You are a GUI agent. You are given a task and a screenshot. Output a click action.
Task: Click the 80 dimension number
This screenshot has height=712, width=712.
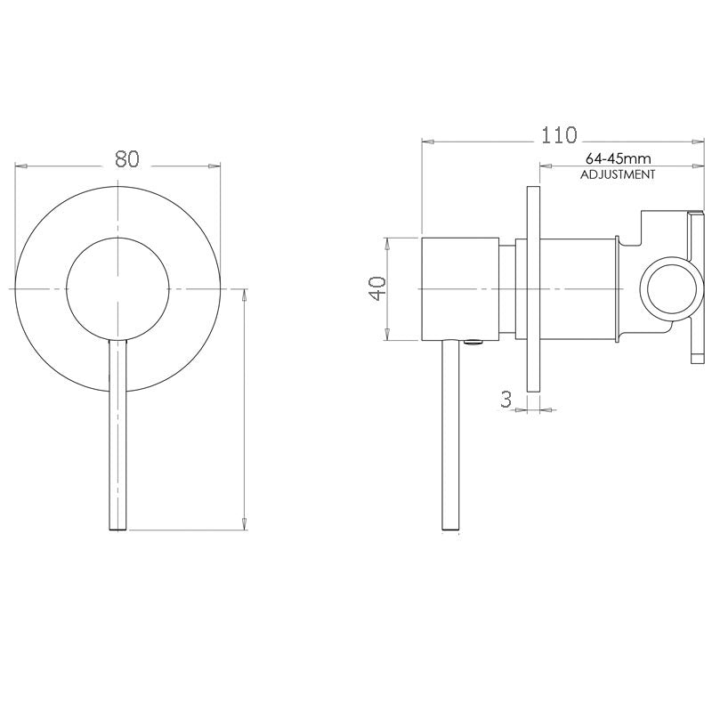tap(127, 158)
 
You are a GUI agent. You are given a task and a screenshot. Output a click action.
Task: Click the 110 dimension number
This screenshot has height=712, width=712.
tap(560, 135)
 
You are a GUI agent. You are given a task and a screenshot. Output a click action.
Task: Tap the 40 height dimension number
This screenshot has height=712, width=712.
tap(376, 288)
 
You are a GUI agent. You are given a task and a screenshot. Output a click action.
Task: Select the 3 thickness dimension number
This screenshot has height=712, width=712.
tap(506, 400)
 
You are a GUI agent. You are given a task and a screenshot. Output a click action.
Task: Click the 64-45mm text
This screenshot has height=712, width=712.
tap(617, 158)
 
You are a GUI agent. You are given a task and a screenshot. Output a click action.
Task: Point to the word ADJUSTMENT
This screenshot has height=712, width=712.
tap(618, 175)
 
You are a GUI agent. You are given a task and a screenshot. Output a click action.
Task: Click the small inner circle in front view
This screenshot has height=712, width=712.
tap(117, 288)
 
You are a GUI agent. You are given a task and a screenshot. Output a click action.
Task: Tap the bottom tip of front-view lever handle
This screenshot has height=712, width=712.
tap(117, 529)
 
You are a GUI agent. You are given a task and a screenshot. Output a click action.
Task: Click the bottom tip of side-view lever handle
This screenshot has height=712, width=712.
tap(451, 529)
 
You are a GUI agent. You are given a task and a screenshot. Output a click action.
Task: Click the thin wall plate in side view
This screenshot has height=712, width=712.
tap(533, 289)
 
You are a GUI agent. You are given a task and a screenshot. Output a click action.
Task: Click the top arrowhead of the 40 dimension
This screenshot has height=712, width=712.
tap(387, 242)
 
